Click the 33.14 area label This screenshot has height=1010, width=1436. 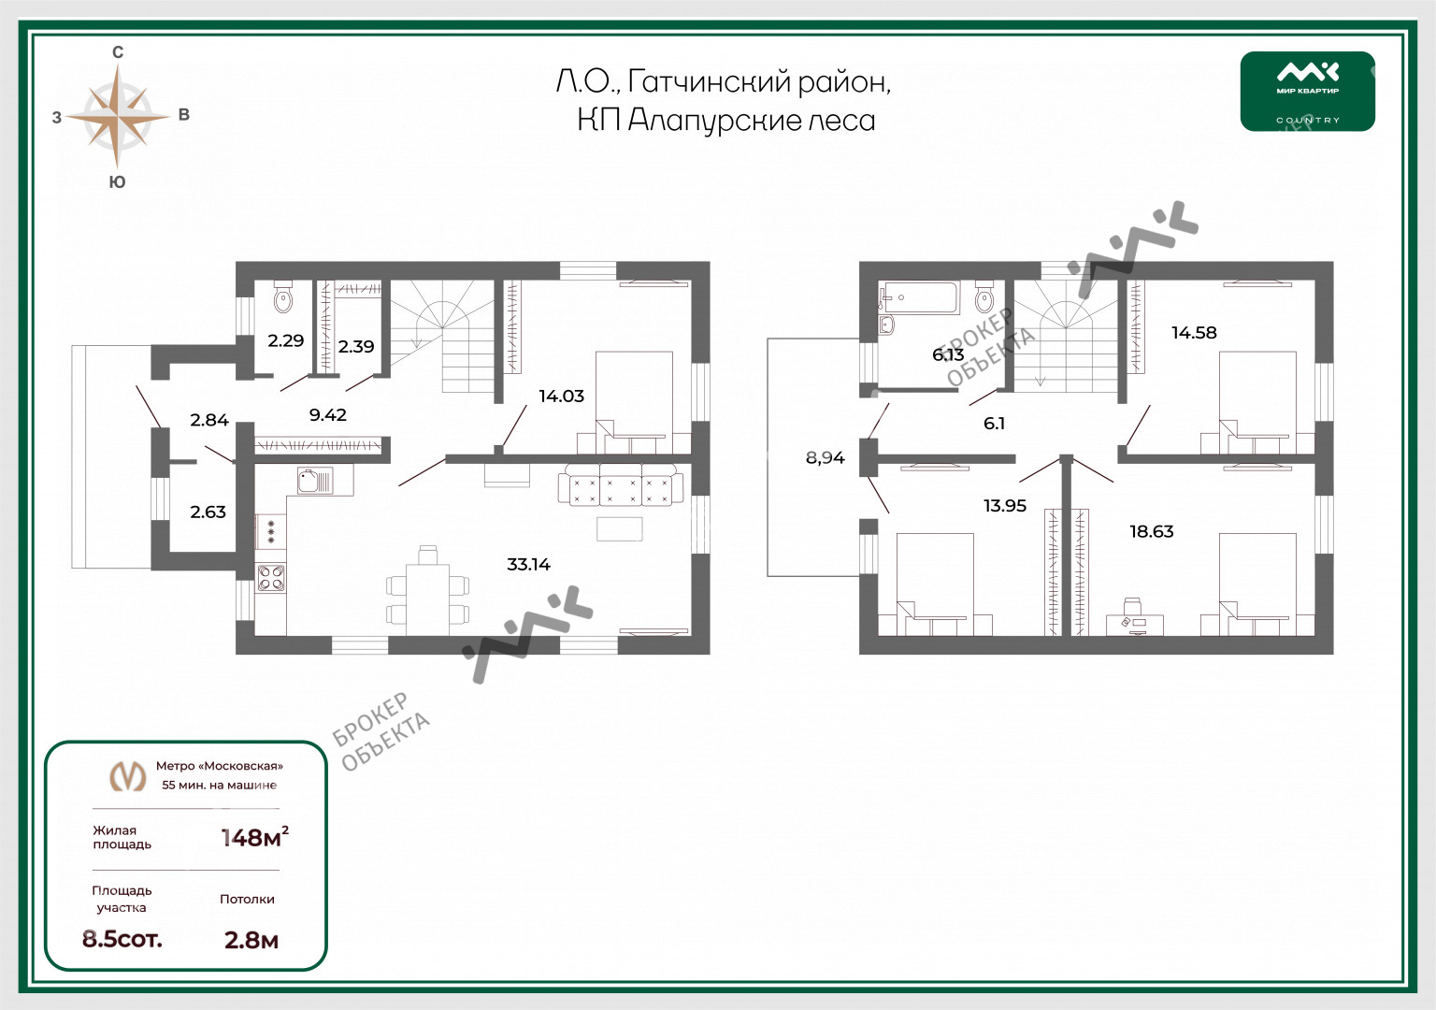click(x=528, y=564)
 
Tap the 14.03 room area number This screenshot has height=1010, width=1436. click(x=561, y=396)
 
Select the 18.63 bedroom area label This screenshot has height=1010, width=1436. click(x=1152, y=531)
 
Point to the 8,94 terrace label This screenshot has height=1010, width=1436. click(x=826, y=457)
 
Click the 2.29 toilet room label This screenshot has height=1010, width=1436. click(x=285, y=340)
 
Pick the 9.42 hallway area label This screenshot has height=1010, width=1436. click(x=327, y=415)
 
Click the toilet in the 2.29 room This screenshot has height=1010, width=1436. click(x=282, y=296)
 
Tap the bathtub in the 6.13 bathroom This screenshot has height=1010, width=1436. click(x=919, y=297)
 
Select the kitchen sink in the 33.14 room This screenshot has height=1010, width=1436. click(x=315, y=481)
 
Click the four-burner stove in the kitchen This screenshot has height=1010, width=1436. click(x=270, y=577)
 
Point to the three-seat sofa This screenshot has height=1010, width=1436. click(x=620, y=484)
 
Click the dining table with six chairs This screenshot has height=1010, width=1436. click(x=427, y=591)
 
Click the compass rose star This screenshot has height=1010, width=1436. click(x=117, y=116)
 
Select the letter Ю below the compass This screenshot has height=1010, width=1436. click(x=117, y=182)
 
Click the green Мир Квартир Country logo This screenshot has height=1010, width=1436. click(x=1308, y=92)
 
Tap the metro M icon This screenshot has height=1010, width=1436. click(x=127, y=776)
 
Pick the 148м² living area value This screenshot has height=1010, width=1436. click(x=254, y=837)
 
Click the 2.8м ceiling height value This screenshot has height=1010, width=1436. click(x=251, y=940)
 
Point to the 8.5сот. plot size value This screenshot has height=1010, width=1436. click(x=122, y=939)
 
